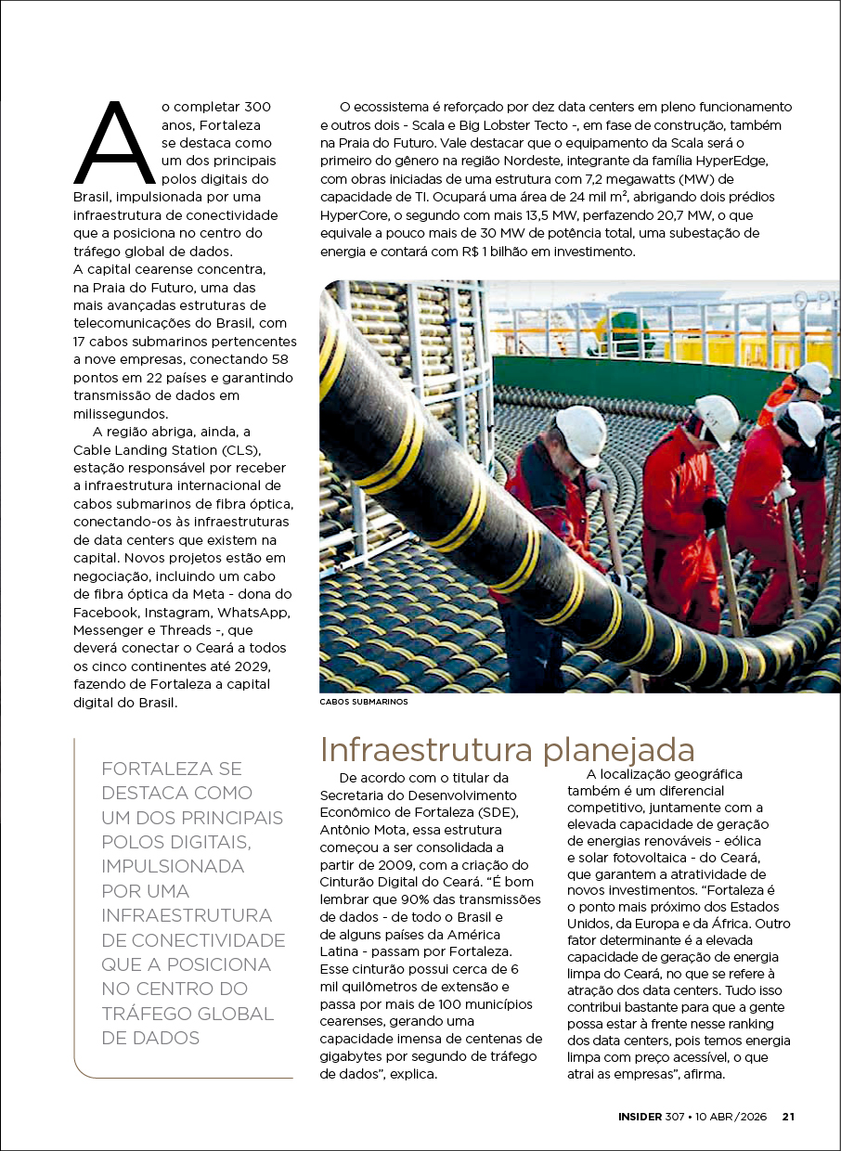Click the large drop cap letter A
click(114, 144)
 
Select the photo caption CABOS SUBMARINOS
click(363, 702)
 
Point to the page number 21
click(788, 1117)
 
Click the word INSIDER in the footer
click(640, 1117)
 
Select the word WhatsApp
click(254, 613)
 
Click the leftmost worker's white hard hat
click(580, 436)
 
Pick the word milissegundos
click(122, 413)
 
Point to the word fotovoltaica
click(659, 857)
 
